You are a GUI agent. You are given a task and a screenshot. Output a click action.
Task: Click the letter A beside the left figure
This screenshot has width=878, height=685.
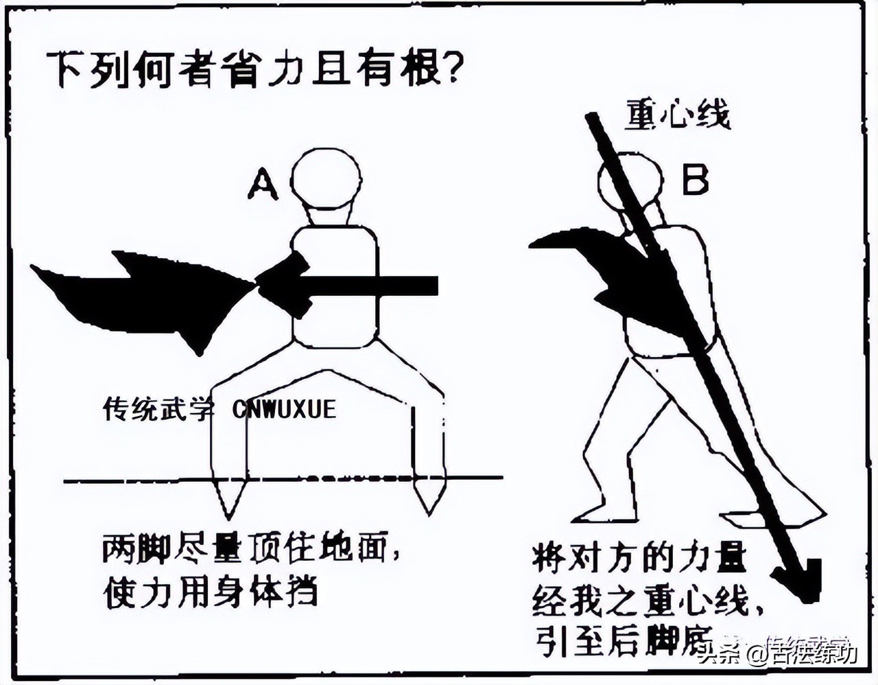(263, 185)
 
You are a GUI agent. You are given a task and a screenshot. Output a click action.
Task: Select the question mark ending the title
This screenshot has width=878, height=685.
(449, 69)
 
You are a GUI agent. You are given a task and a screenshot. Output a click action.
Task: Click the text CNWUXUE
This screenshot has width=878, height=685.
(284, 410)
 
